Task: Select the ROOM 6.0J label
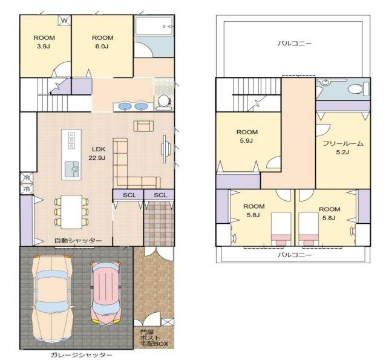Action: coord(102,42)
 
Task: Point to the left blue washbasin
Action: coord(125,106)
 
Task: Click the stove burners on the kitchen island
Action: coord(72,141)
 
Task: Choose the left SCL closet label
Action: coord(129,195)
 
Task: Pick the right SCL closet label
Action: coord(160,195)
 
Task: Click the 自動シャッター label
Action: coord(78,241)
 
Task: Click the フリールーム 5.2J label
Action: coord(342,148)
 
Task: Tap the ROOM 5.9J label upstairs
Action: coord(247,136)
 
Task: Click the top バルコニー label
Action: coord(295,43)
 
